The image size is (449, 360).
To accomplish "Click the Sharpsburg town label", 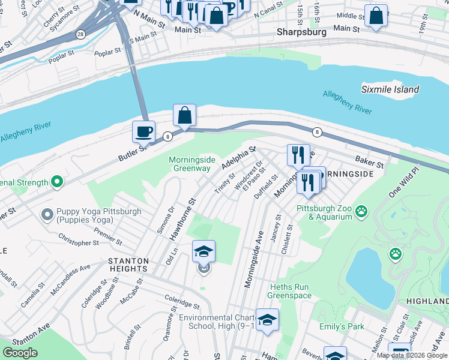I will pos(301,32).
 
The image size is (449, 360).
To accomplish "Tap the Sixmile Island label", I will pos(390,89).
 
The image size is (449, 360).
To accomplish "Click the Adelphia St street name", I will pos(238,158).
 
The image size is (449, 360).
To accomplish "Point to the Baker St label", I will pos(369,162).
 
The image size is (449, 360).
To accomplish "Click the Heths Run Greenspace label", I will pos(289,292).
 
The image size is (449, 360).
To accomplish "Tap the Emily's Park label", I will pos(333,326).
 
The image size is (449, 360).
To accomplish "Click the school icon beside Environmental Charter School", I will pos(267,320).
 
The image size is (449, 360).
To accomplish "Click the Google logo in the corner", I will pos(20,353).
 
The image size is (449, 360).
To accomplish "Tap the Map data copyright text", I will pos(412,355).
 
